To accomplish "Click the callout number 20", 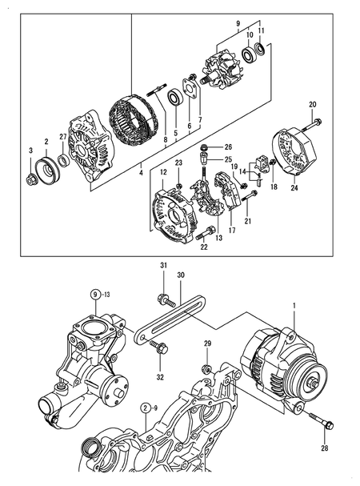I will coord(313,105).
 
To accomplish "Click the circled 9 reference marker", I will coord(95,294).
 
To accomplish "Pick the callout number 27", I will coord(62,137).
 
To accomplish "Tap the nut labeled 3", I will coord(31,178).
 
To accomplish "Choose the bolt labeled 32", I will coord(160,348).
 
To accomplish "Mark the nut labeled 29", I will coord(206,369).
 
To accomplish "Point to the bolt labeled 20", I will coord(318,123).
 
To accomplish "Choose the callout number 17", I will coord(231,231).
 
